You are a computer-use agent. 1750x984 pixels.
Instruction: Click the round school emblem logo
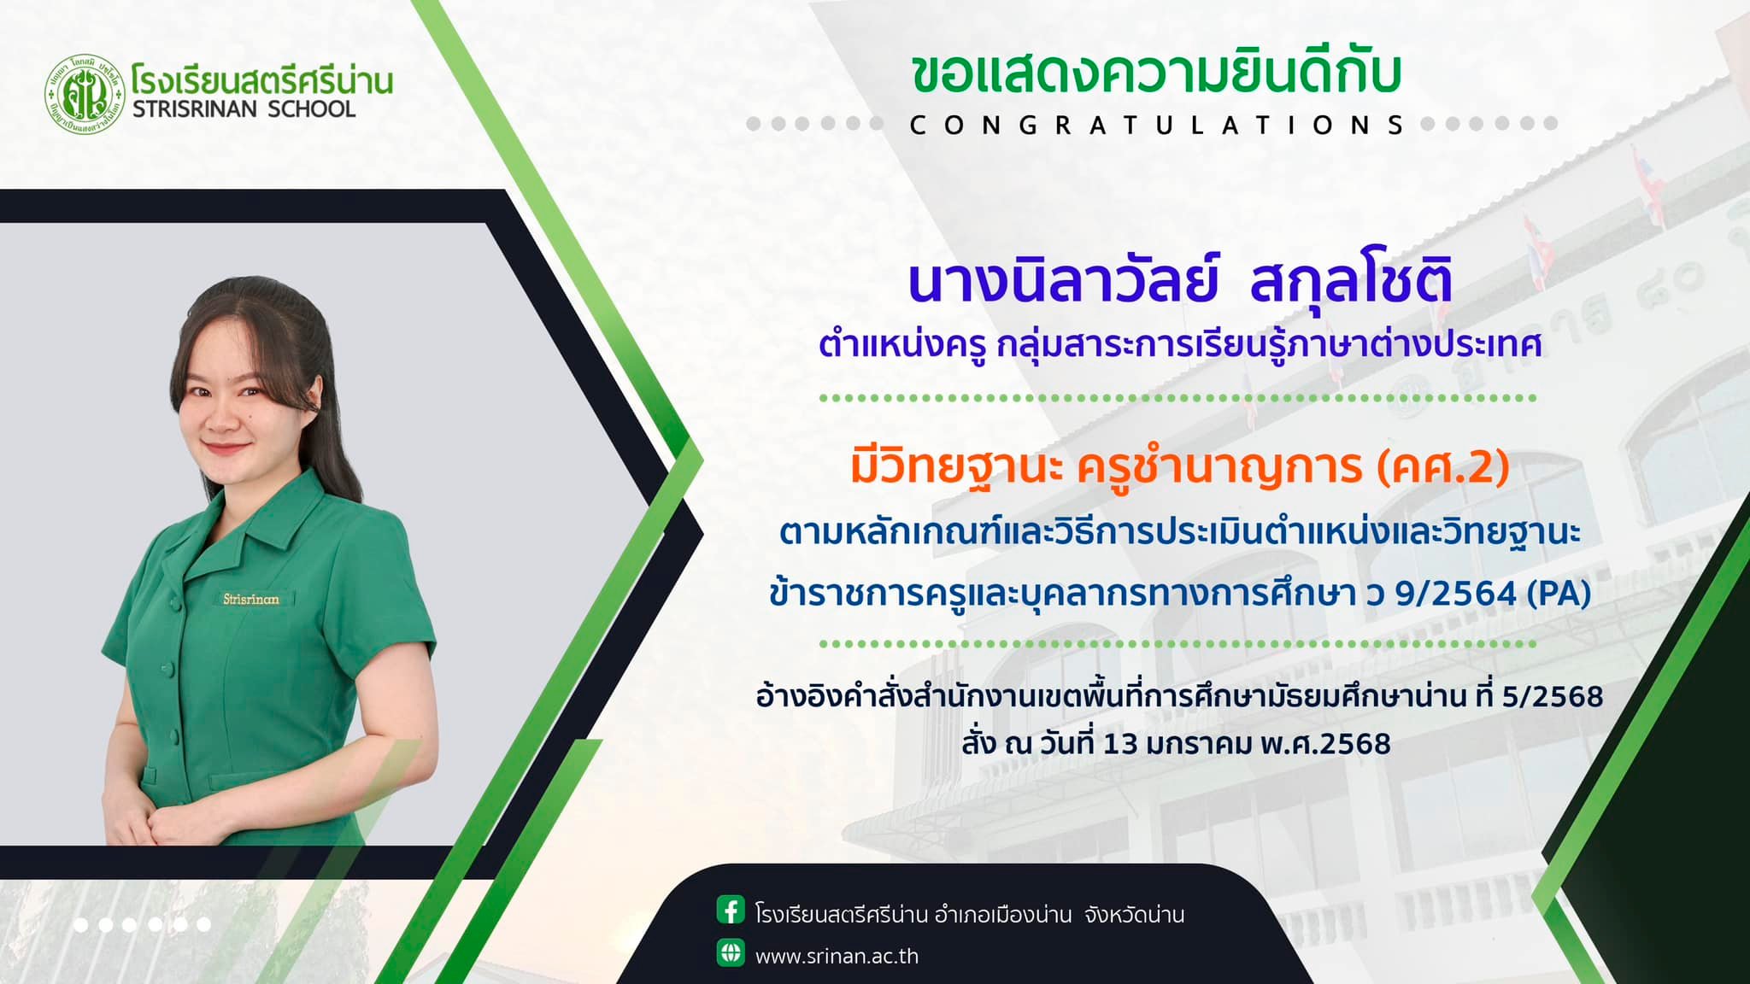[83, 93]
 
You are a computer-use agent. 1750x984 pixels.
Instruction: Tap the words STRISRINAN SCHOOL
[244, 109]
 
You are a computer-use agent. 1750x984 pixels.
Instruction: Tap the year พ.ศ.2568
[1326, 744]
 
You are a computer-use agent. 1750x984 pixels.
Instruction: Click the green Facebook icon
[731, 911]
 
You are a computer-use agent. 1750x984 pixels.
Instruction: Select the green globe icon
[731, 952]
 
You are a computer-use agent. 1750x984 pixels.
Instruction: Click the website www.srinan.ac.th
[837, 956]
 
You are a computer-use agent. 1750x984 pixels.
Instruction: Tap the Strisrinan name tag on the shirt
[251, 599]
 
